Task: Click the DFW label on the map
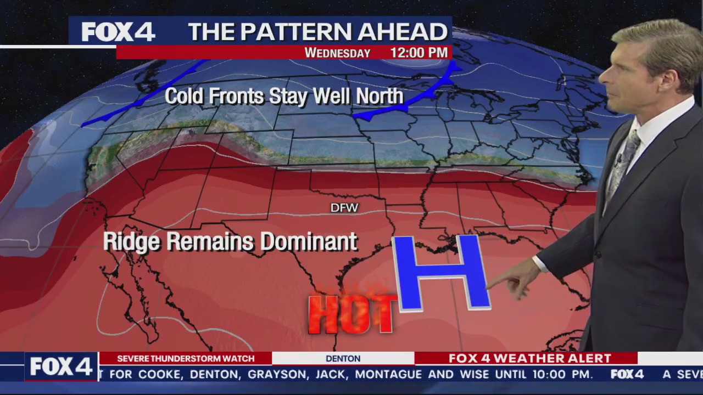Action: point(344,208)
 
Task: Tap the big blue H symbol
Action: point(441,273)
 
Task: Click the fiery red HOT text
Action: point(351,314)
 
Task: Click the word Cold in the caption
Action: point(184,97)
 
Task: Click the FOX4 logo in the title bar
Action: point(118,32)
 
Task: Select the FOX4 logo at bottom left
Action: point(61,366)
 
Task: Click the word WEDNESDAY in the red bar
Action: point(337,53)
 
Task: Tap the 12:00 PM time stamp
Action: point(419,53)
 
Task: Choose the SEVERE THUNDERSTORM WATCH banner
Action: point(186,358)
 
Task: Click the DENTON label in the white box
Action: point(343,359)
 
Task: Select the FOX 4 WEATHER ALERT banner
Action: point(529,358)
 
